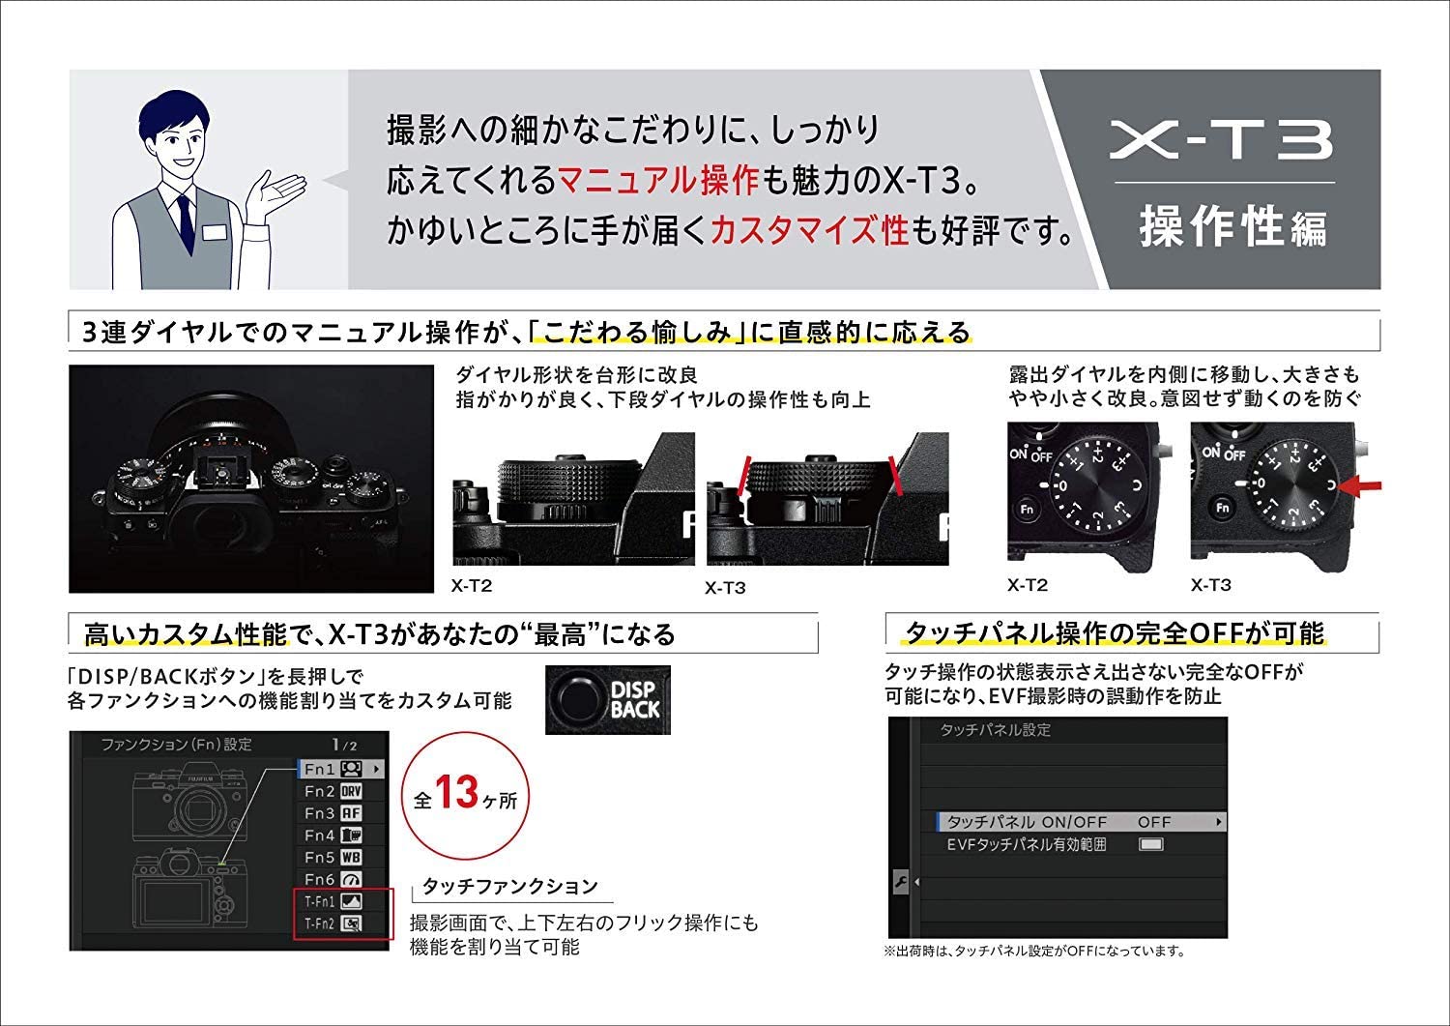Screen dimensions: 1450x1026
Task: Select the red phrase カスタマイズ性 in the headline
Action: (809, 229)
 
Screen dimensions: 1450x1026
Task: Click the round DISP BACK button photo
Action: (580, 698)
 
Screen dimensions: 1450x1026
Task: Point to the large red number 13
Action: (456, 794)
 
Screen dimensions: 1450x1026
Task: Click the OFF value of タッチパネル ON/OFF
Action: (1153, 822)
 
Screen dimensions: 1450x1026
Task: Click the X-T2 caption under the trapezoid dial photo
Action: (472, 585)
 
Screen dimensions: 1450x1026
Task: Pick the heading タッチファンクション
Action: (510, 886)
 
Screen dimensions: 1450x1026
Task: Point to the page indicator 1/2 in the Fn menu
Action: (344, 745)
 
